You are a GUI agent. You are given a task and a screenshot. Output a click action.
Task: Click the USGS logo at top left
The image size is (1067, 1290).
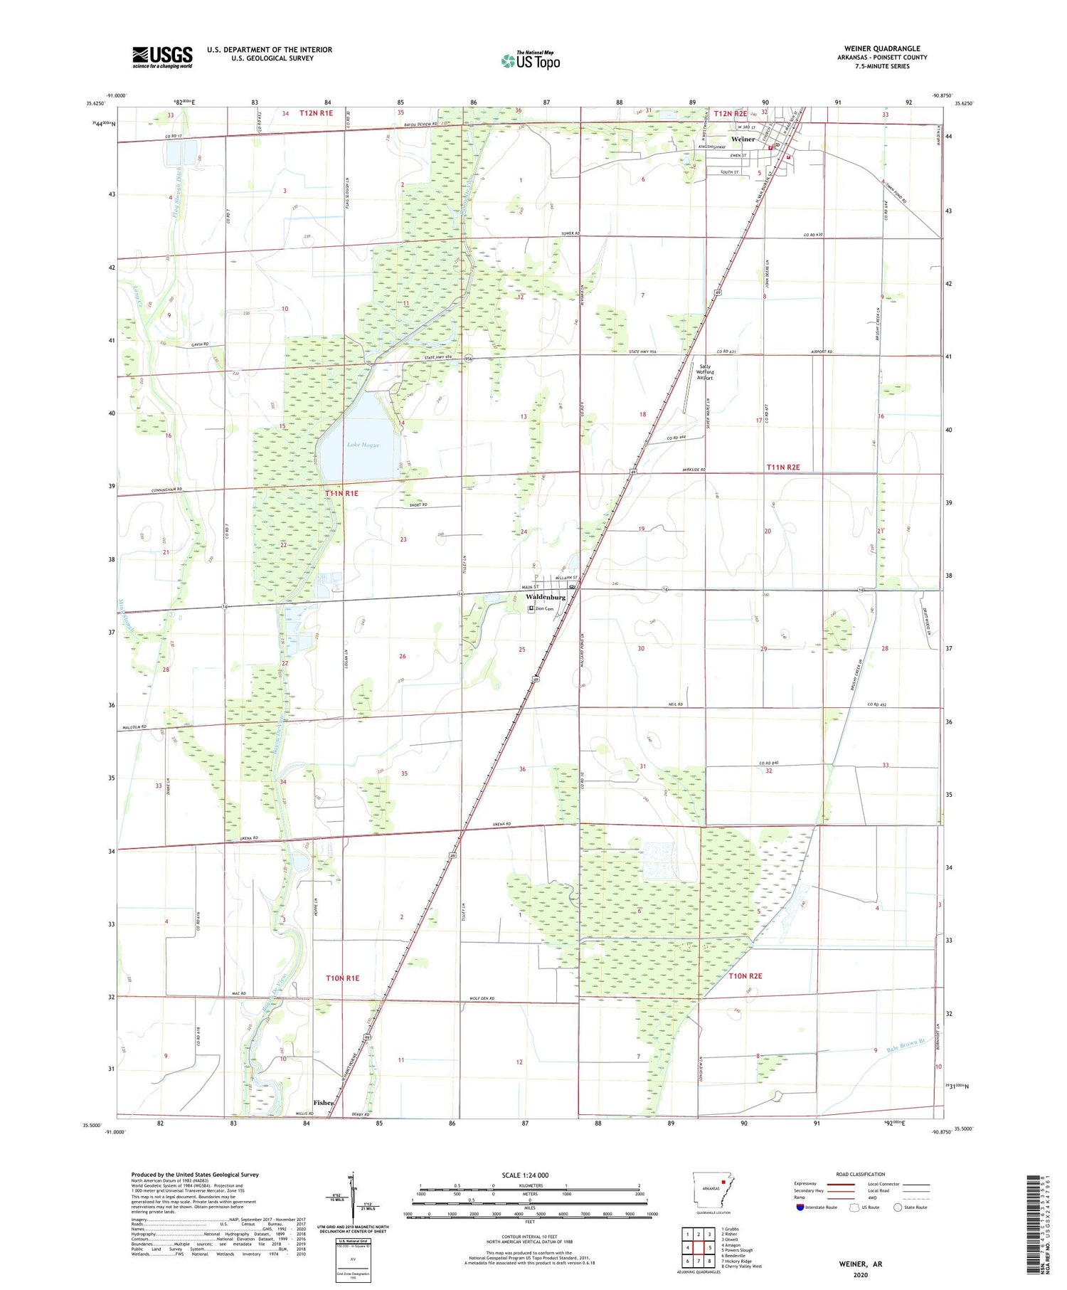[162, 57]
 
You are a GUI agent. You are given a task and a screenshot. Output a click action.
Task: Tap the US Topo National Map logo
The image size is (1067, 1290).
[531, 60]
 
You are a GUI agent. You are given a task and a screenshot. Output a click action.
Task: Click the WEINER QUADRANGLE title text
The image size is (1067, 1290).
[882, 49]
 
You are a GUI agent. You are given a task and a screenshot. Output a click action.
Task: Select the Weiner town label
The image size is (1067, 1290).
[743, 139]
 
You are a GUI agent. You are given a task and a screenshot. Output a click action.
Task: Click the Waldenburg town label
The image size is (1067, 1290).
[546, 597]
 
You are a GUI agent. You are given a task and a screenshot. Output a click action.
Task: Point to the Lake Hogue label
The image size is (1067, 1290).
[363, 445]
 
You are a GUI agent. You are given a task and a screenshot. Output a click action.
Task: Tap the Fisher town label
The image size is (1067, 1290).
[324, 1102]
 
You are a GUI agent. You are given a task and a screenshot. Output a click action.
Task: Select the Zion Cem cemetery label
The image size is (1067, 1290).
[544, 609]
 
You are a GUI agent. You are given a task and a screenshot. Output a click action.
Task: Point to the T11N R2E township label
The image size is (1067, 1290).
[783, 467]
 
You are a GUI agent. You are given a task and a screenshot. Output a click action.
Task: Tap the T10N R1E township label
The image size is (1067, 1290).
[342, 978]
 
